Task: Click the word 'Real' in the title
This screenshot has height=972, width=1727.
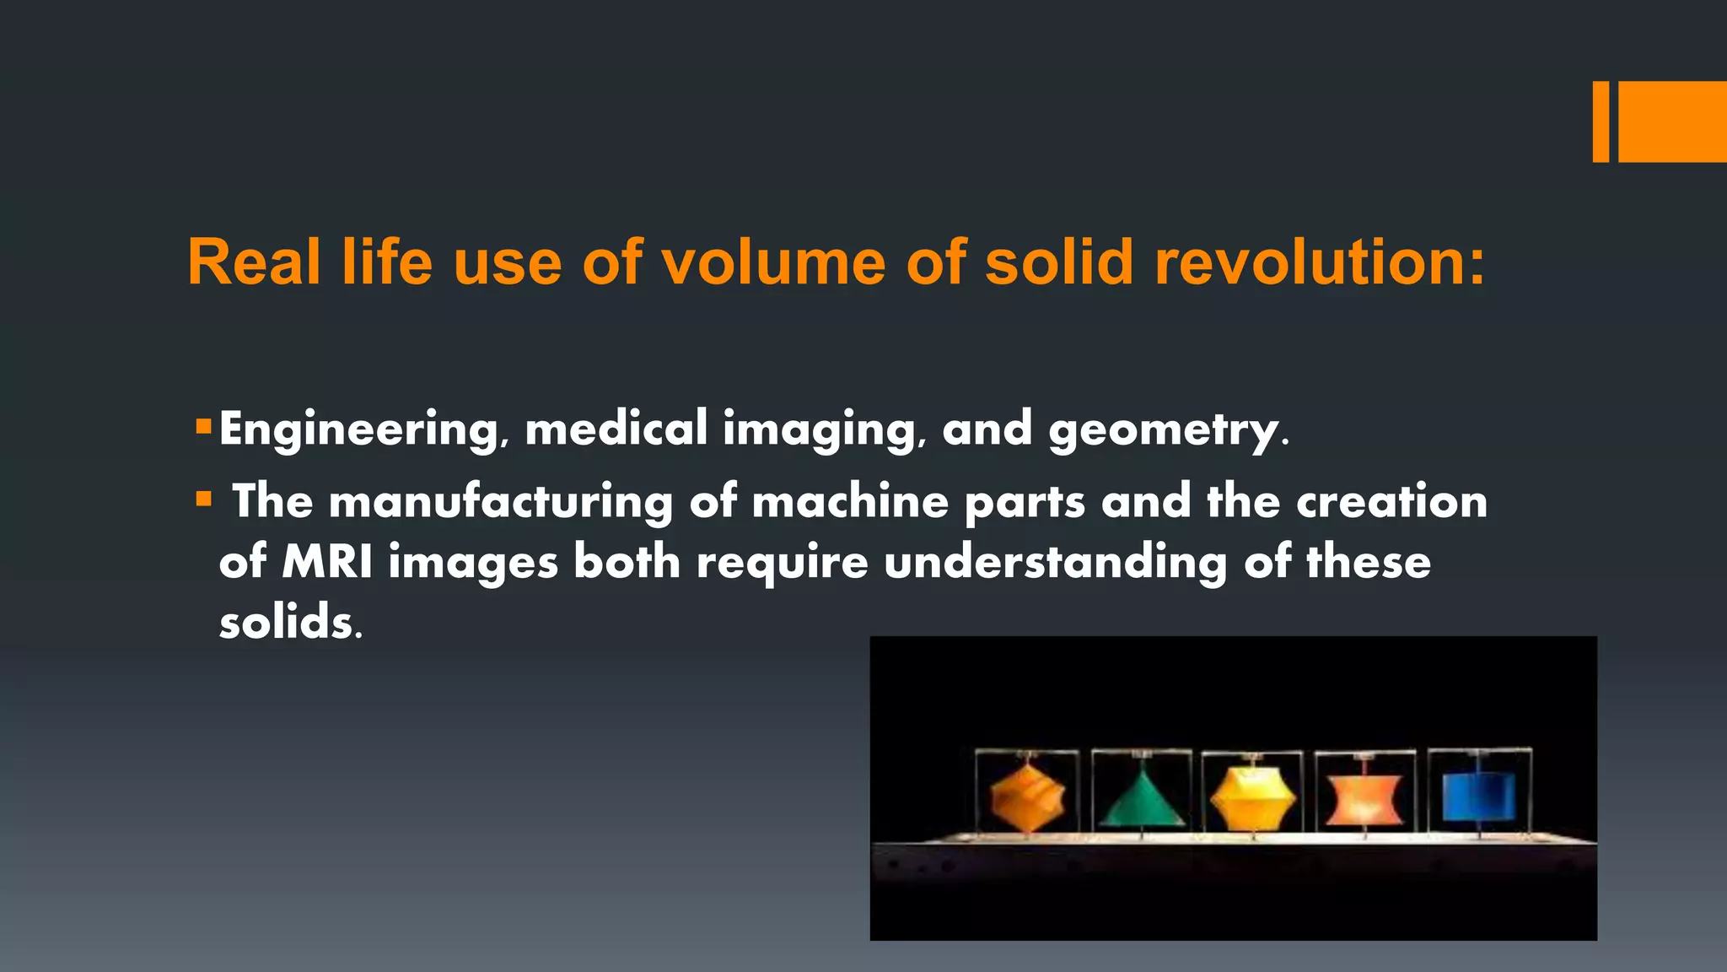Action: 253,262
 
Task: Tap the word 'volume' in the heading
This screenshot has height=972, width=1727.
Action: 773,262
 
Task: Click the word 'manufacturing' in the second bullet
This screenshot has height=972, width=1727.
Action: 501,502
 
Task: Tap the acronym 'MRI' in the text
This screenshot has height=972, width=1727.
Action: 327,562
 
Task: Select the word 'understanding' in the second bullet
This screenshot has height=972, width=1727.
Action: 1055,563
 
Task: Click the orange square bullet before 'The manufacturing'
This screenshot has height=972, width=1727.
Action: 203,499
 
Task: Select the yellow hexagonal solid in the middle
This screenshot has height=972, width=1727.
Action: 1252,798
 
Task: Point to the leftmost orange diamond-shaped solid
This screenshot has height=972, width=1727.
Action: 1026,796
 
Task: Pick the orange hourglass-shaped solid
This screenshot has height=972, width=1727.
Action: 1364,798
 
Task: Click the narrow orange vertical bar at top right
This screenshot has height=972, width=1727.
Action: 1601,121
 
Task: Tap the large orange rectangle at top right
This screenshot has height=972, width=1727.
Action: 1672,121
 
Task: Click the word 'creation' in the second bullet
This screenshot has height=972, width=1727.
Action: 1391,502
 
